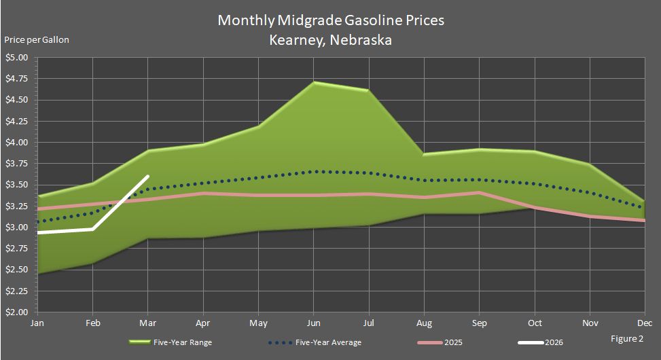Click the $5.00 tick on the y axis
[16, 58]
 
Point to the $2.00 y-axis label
[16, 312]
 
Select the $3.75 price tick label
[16, 164]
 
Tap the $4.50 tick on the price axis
[16, 100]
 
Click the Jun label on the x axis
[314, 323]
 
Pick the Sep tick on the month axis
[480, 323]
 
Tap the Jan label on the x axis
[37, 323]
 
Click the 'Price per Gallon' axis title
[37, 39]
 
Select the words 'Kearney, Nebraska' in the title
[330, 40]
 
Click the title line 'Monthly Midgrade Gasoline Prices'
[330, 20]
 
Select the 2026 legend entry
[543, 342]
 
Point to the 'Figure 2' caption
[626, 338]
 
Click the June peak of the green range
[315, 82]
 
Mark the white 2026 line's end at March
[148, 177]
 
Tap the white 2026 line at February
[93, 229]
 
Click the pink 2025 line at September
[480, 192]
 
